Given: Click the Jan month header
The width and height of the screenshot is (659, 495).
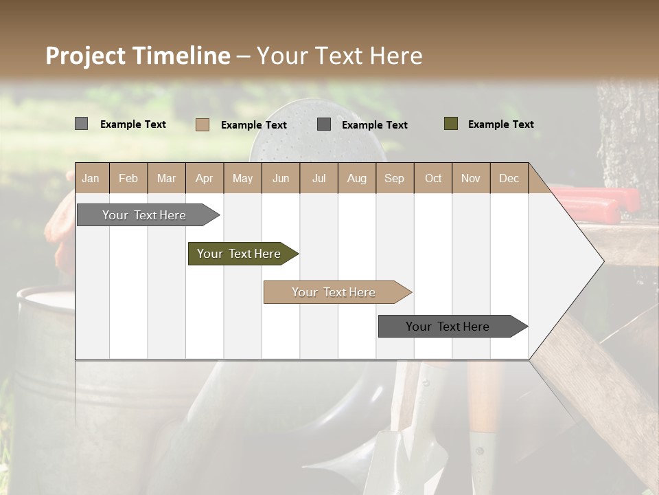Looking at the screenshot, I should pyautogui.click(x=91, y=179).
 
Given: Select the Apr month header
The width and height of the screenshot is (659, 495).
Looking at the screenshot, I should pyautogui.click(x=204, y=179).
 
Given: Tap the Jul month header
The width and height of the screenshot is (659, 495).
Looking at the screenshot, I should pyautogui.click(x=319, y=179).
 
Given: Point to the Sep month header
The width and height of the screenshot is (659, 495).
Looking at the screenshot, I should pyautogui.click(x=394, y=179).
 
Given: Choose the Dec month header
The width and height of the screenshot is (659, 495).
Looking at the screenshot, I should pyautogui.click(x=509, y=179).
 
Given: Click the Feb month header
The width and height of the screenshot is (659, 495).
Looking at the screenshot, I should pyautogui.click(x=128, y=179).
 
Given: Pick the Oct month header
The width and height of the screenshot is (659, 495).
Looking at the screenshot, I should pyautogui.click(x=433, y=179).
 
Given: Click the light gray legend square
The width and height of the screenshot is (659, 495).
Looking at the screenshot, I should pyautogui.click(x=81, y=124).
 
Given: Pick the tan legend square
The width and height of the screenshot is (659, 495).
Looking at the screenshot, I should pyautogui.click(x=202, y=124).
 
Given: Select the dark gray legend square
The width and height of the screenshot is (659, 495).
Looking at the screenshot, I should pyautogui.click(x=324, y=124).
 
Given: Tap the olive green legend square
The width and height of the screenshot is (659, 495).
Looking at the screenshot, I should pyautogui.click(x=450, y=124).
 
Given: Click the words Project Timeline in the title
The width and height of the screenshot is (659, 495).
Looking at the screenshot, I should pyautogui.click(x=138, y=56).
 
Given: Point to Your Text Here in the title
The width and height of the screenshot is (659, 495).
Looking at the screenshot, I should pyautogui.click(x=340, y=56).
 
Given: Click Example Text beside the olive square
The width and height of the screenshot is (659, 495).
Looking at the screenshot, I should pyautogui.click(x=500, y=124).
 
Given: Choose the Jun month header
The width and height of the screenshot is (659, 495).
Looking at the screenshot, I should pyautogui.click(x=281, y=179).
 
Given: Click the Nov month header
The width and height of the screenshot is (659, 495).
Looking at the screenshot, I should pyautogui.click(x=471, y=179).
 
